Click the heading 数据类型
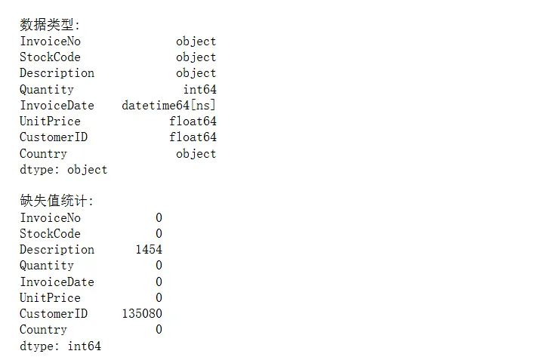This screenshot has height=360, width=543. tap(49, 25)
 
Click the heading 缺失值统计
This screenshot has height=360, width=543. tap(57, 202)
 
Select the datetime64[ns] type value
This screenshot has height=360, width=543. tap(168, 106)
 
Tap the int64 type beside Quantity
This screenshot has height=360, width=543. tap(199, 90)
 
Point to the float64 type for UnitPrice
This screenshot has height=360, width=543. tap(193, 122)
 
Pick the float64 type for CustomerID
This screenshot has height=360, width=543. tap(193, 137)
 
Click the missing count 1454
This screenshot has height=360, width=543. tap(149, 250)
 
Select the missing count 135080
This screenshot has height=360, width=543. tap(142, 314)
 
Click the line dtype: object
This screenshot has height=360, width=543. tap(63, 170)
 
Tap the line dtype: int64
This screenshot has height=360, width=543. tap(60, 346)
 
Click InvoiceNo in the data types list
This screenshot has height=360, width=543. tap(50, 42)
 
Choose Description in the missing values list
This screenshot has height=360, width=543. tap(57, 250)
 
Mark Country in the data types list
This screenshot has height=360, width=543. tap(43, 154)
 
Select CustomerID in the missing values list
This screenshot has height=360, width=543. tap(54, 314)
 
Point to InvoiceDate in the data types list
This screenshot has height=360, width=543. tap(57, 106)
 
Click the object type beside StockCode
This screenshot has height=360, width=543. tap(196, 57)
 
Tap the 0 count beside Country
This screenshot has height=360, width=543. tap(159, 330)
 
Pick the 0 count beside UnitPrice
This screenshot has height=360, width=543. tap(159, 298)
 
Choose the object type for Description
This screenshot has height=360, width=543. tap(196, 73)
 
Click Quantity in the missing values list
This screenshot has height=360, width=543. tap(47, 266)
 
